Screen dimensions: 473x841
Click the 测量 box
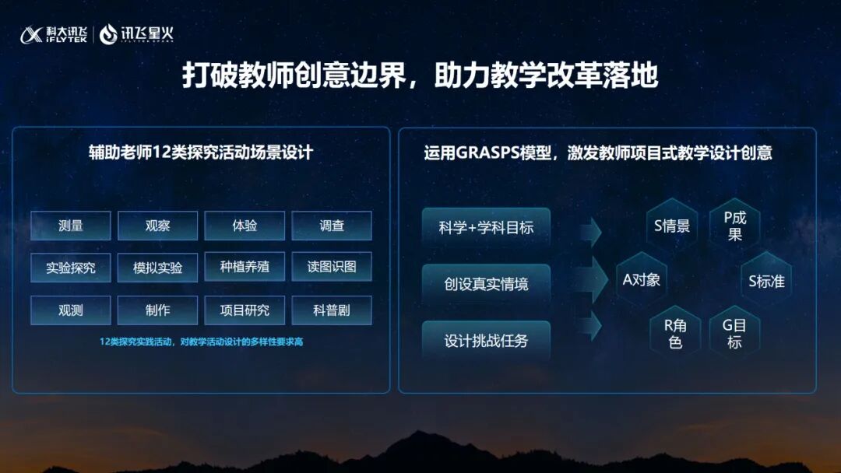71,226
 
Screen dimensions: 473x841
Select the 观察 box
158,226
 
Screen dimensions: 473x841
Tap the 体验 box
245,226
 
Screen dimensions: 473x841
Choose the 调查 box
332,226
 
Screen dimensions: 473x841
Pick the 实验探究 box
71,268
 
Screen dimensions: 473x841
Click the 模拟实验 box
158,268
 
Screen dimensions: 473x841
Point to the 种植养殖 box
245,267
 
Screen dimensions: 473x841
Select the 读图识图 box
332,267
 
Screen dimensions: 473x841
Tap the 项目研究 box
245,310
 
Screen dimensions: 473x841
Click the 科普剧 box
332,310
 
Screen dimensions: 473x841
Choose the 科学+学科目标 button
486,228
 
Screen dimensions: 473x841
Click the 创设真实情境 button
486,284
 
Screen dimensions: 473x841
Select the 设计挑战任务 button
486,341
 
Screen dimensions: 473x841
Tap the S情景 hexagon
672,226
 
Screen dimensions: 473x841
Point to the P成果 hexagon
734,226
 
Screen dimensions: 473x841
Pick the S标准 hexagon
766,282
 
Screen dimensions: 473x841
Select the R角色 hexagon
675,333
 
